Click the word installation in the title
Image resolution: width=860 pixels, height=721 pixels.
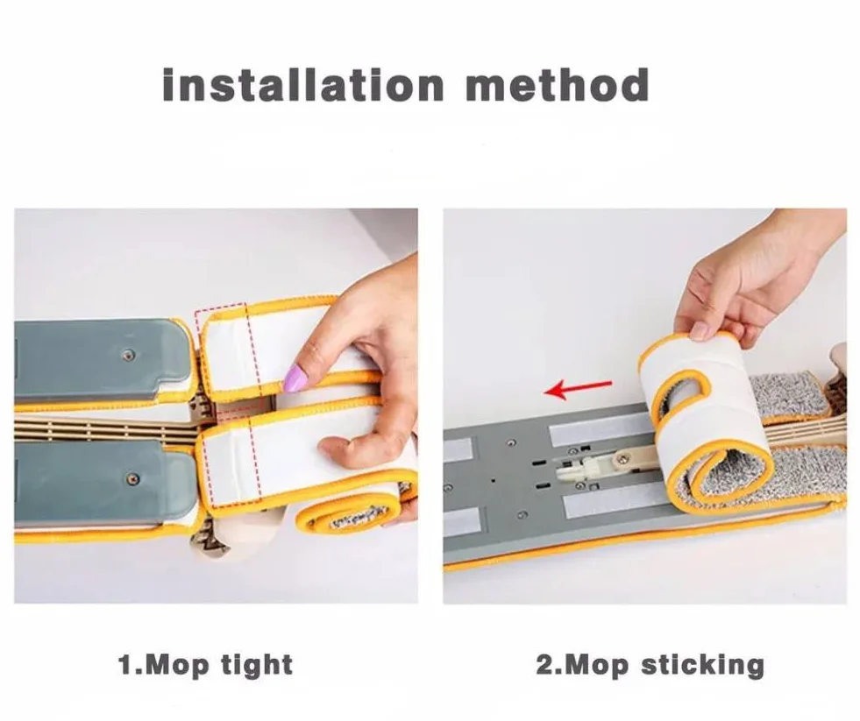(302, 85)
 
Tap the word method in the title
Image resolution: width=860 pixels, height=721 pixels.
(558, 85)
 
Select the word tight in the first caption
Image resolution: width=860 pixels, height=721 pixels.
(257, 665)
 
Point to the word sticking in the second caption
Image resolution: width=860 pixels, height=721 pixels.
(702, 665)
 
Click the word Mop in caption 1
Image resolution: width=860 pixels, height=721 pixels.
(178, 666)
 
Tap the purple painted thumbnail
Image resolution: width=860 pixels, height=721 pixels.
(295, 378)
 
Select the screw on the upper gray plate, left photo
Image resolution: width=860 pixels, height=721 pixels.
(128, 355)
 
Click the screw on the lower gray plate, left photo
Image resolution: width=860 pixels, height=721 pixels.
(131, 478)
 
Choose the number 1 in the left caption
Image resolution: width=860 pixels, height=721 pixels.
(126, 666)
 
